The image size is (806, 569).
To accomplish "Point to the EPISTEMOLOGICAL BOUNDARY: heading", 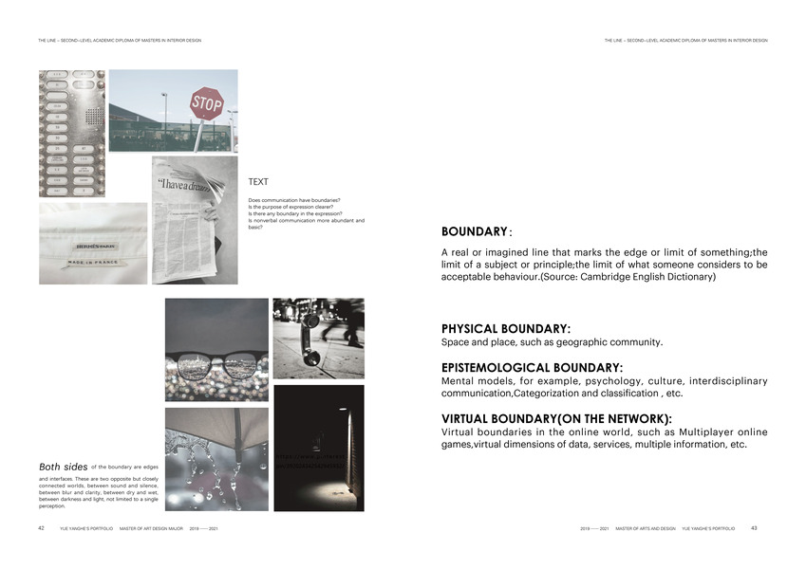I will click(x=532, y=367).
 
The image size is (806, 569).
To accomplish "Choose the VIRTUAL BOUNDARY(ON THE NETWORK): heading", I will click(x=556, y=418).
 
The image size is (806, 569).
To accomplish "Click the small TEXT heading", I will click(x=258, y=181).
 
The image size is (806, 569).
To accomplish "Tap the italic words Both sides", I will click(x=64, y=467).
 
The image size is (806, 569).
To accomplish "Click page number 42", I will click(x=42, y=527).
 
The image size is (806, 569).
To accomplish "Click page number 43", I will click(x=754, y=527).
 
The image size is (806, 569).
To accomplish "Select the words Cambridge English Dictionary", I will click(x=656, y=277).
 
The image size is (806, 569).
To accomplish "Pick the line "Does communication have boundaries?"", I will click(x=294, y=200).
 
